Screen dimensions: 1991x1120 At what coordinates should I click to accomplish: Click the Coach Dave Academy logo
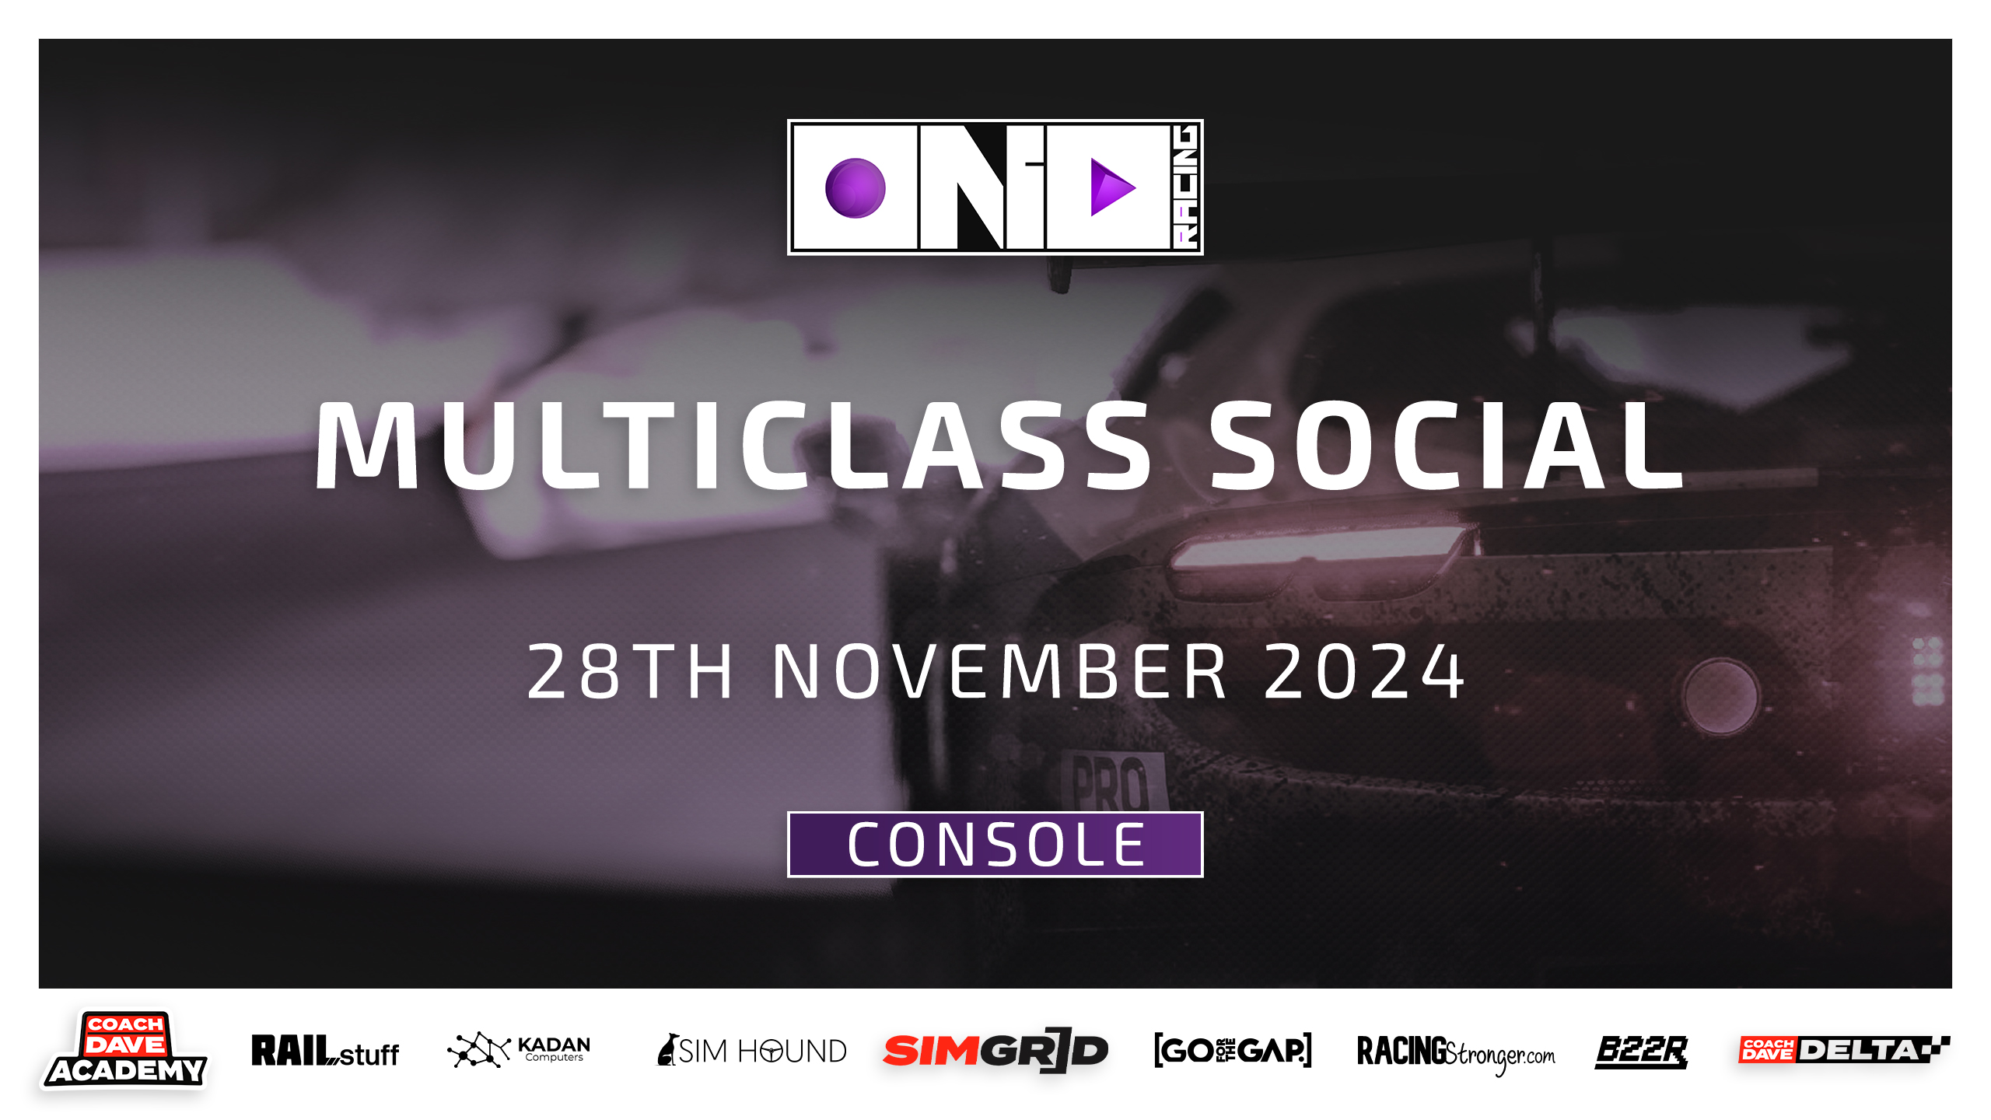coord(124,1050)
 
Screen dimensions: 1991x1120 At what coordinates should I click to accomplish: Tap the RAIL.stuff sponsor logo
coord(325,1051)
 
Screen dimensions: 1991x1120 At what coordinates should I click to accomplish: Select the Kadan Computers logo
coord(519,1050)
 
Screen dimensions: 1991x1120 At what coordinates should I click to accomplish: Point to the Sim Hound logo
coord(751,1051)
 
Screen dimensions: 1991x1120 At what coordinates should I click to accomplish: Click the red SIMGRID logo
coord(995,1051)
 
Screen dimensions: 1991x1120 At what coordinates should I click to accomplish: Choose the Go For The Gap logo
coord(1233,1051)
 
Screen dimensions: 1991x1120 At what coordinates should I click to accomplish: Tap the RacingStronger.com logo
coord(1456,1053)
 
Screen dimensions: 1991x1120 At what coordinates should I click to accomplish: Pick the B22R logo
coord(1641,1052)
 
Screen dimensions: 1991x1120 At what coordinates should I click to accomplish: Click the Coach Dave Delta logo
coord(1844,1050)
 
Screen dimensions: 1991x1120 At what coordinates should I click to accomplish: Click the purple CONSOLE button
coord(995,845)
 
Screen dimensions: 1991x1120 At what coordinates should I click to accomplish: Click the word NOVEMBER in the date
coord(1000,671)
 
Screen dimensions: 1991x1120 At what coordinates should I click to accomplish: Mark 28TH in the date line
coord(630,671)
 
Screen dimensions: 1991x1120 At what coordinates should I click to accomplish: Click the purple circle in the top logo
coord(855,188)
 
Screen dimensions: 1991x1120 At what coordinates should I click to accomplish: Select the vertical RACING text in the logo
coord(1186,187)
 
